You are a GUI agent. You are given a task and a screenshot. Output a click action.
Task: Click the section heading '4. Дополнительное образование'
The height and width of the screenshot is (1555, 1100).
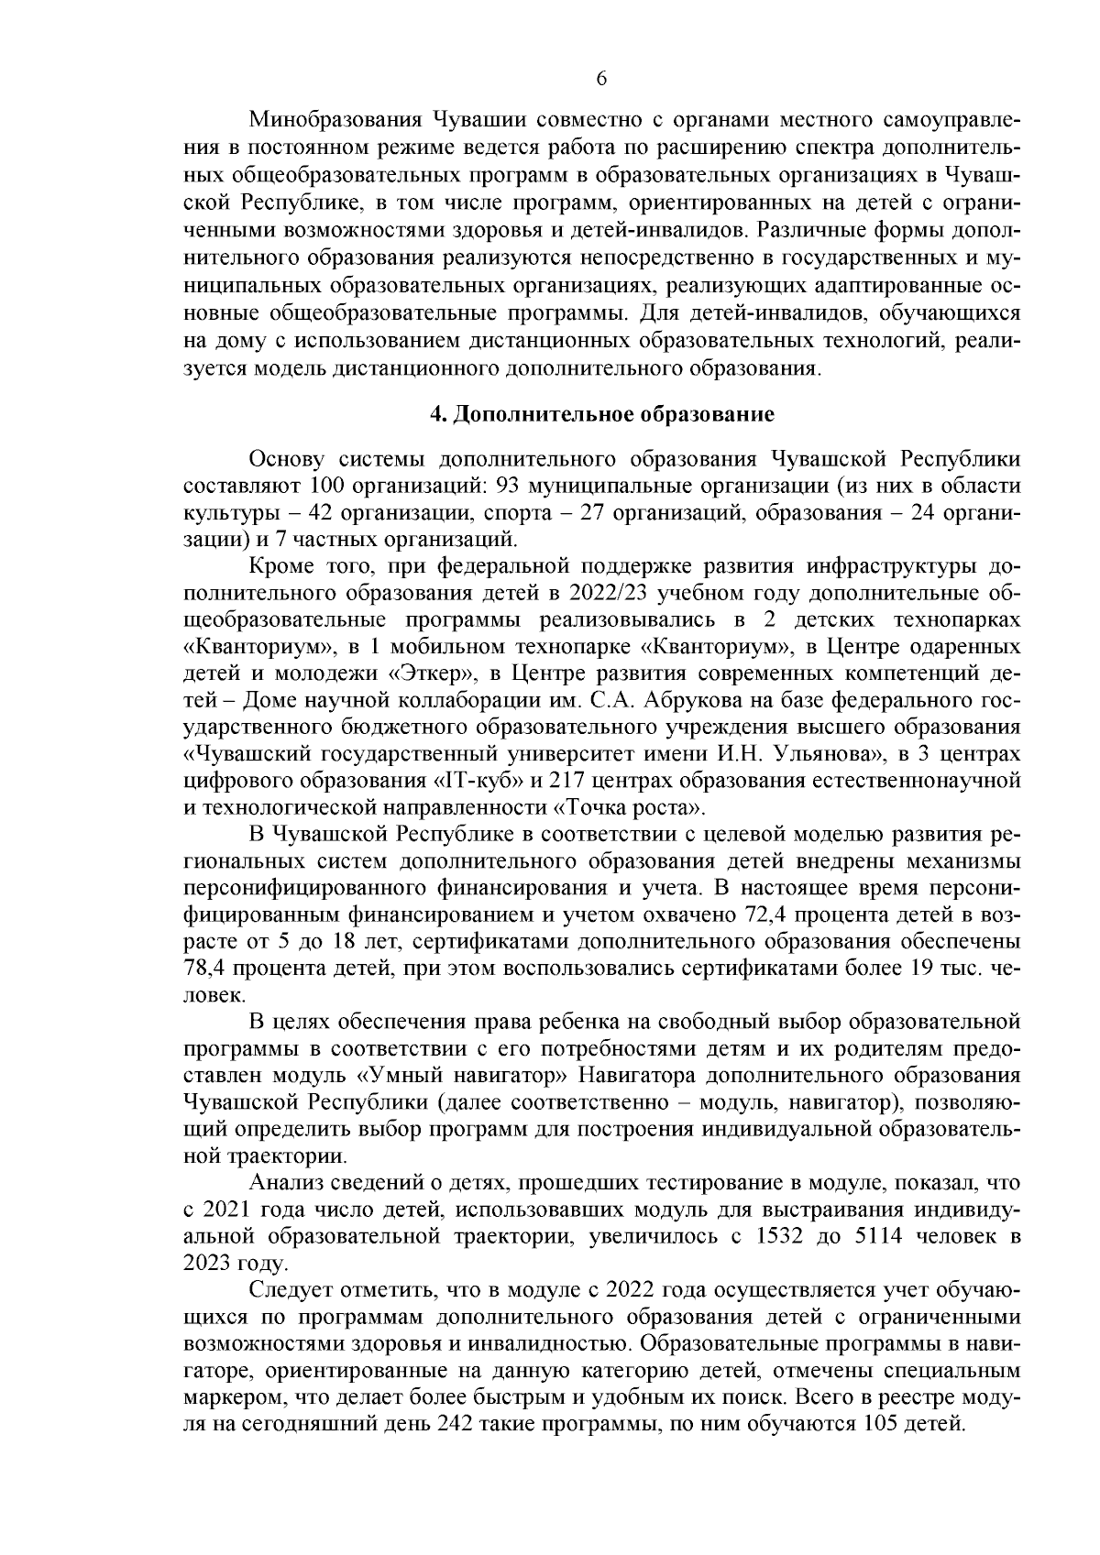602,415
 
